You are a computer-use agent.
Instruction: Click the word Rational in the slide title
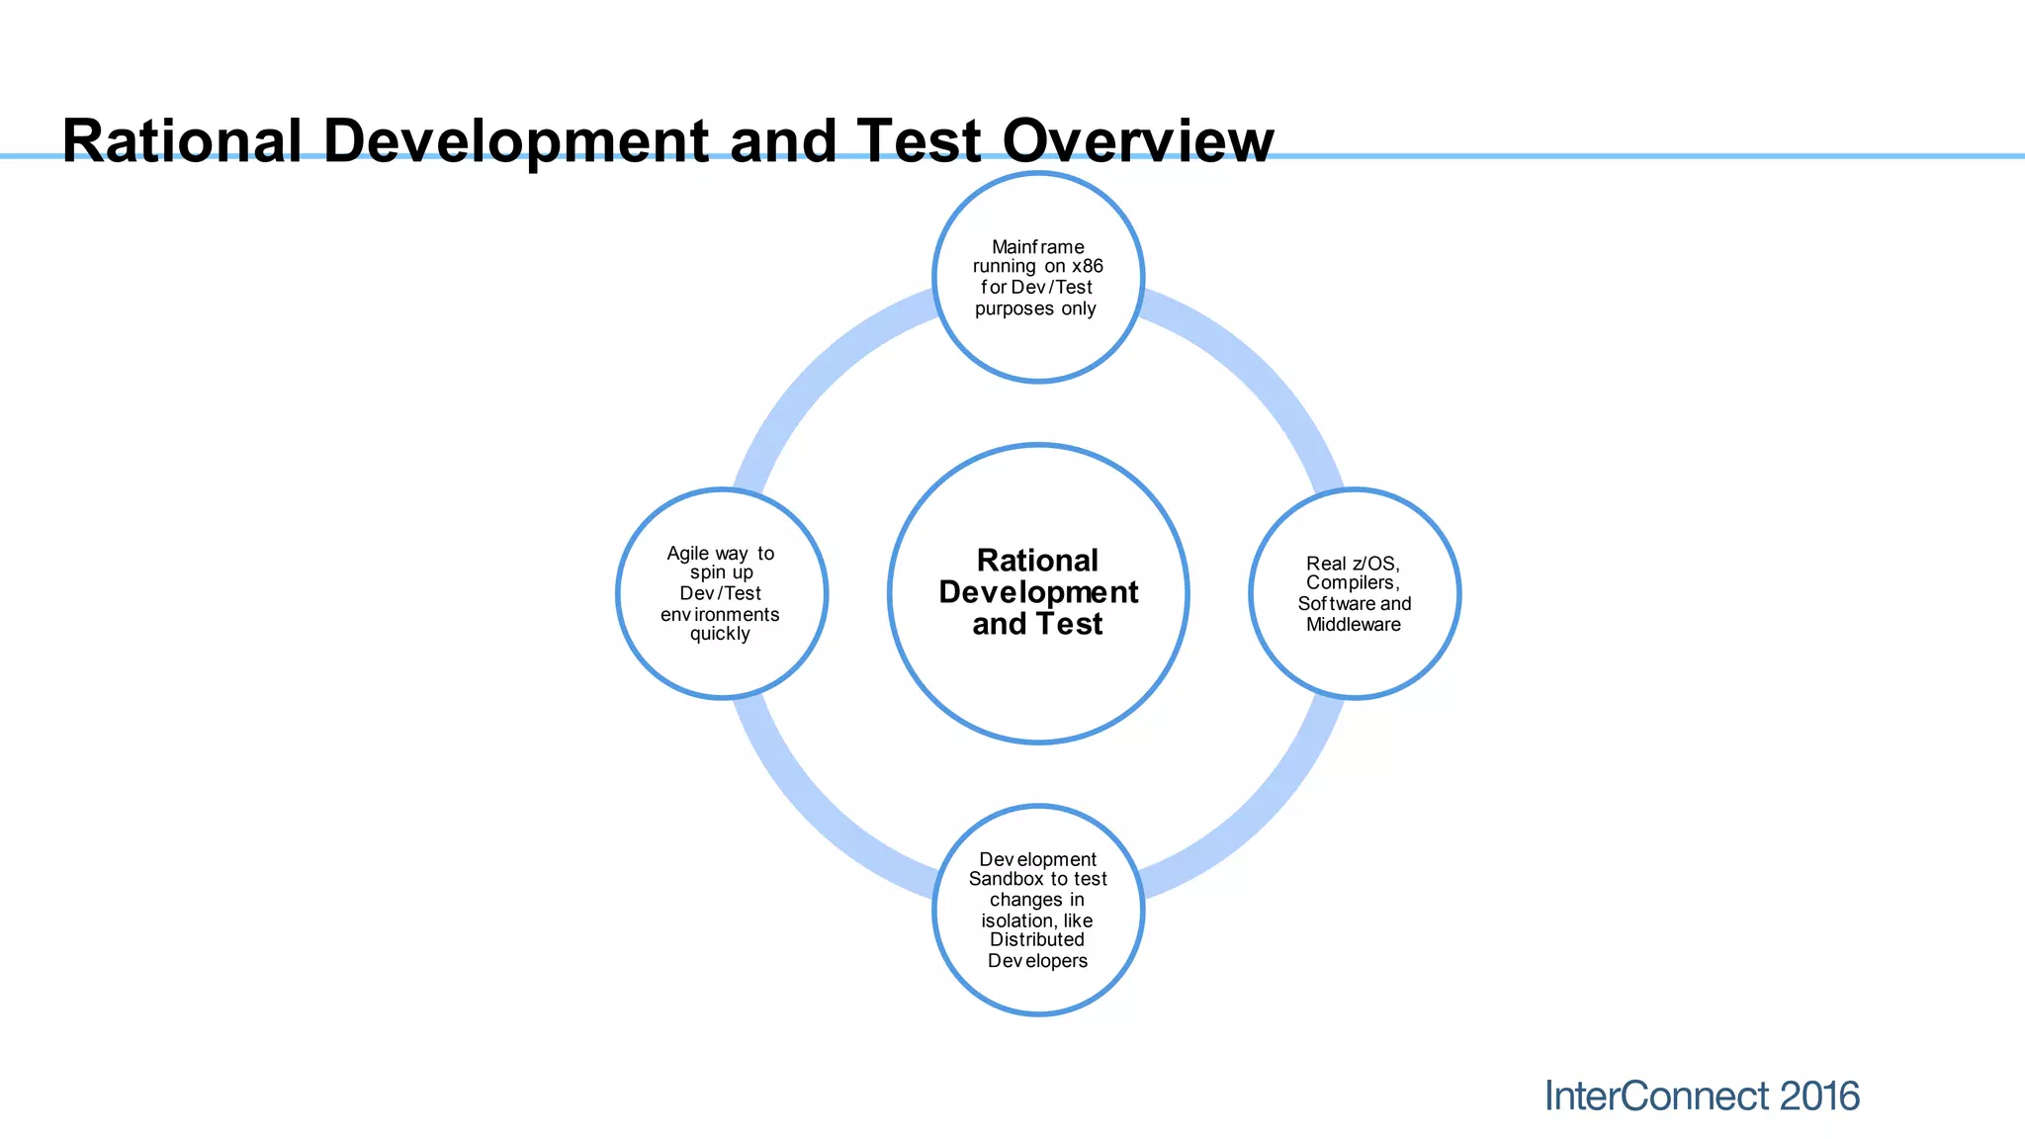pyautogui.click(x=182, y=140)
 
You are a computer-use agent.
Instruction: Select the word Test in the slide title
pyautogui.click(x=919, y=140)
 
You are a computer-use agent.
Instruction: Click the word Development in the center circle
pyautogui.click(x=1038, y=592)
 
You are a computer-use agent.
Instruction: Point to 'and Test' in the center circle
pyautogui.click(x=1037, y=624)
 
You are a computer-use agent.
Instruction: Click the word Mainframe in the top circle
pyautogui.click(x=1037, y=247)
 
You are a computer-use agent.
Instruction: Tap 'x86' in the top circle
pyautogui.click(x=1087, y=266)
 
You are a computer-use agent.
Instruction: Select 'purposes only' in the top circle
pyautogui.click(x=1035, y=308)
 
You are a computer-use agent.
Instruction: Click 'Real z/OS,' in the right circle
pyautogui.click(x=1353, y=564)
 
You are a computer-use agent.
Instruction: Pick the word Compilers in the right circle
pyautogui.click(x=1351, y=583)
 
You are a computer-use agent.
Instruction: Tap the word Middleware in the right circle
pyautogui.click(x=1353, y=625)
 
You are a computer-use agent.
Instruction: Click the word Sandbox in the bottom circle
pyautogui.click(x=1006, y=879)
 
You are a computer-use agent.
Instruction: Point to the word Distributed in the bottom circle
pyautogui.click(x=1036, y=940)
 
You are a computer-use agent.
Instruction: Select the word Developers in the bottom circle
pyautogui.click(x=1037, y=961)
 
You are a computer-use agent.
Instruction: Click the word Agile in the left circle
pyautogui.click(x=687, y=554)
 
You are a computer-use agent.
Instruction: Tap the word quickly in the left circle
pyautogui.click(x=720, y=634)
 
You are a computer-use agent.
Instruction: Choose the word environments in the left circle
pyautogui.click(x=720, y=615)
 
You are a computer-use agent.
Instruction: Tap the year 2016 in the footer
pyautogui.click(x=1819, y=1096)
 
